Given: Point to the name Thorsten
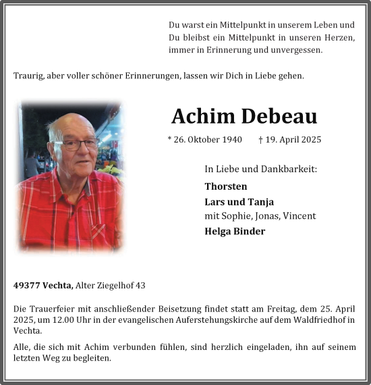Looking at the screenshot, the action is pyautogui.click(x=226, y=186).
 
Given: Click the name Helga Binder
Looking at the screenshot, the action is pyautogui.click(x=235, y=231).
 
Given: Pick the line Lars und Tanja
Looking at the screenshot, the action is pyautogui.click(x=239, y=201).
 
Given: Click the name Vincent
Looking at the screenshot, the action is pyautogui.click(x=299, y=216).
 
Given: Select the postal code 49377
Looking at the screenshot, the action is pyautogui.click(x=26, y=286).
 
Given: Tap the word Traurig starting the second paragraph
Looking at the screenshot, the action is pyautogui.click(x=30, y=76).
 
